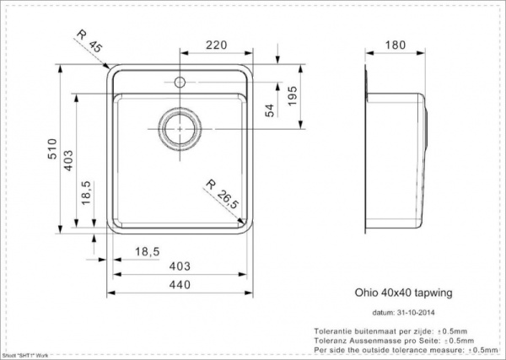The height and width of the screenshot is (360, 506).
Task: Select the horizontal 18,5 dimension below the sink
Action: [x=149, y=250]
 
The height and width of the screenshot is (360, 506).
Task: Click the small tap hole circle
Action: [x=179, y=83]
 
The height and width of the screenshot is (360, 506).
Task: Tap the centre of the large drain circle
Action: [x=179, y=128]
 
